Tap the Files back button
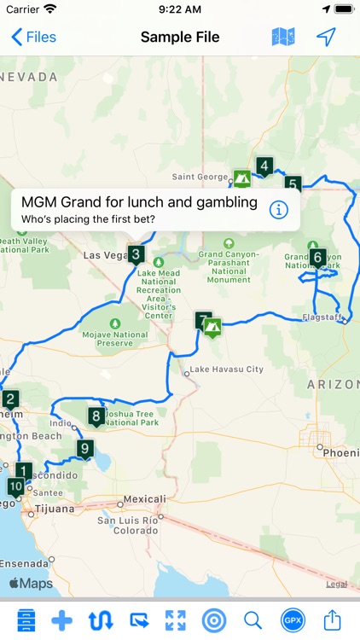click(33, 37)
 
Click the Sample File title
click(180, 37)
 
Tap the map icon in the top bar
click(283, 37)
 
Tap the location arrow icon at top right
click(326, 37)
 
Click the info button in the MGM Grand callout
click(278, 209)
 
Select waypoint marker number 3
click(136, 254)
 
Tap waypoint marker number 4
click(265, 166)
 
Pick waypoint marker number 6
click(318, 257)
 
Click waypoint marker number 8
click(96, 417)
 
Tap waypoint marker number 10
click(15, 487)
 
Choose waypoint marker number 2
click(10, 399)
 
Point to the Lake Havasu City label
click(226, 369)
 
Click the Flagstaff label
click(322, 317)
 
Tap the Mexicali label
click(144, 499)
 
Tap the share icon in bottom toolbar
click(332, 620)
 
